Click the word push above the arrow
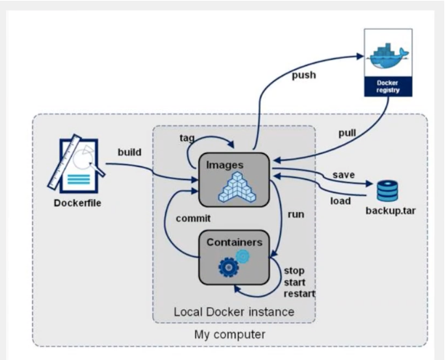304,75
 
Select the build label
130,152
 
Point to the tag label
187,138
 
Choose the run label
295,216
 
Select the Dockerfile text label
78,202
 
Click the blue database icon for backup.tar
387,190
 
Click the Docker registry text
388,86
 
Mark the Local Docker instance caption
234,311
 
